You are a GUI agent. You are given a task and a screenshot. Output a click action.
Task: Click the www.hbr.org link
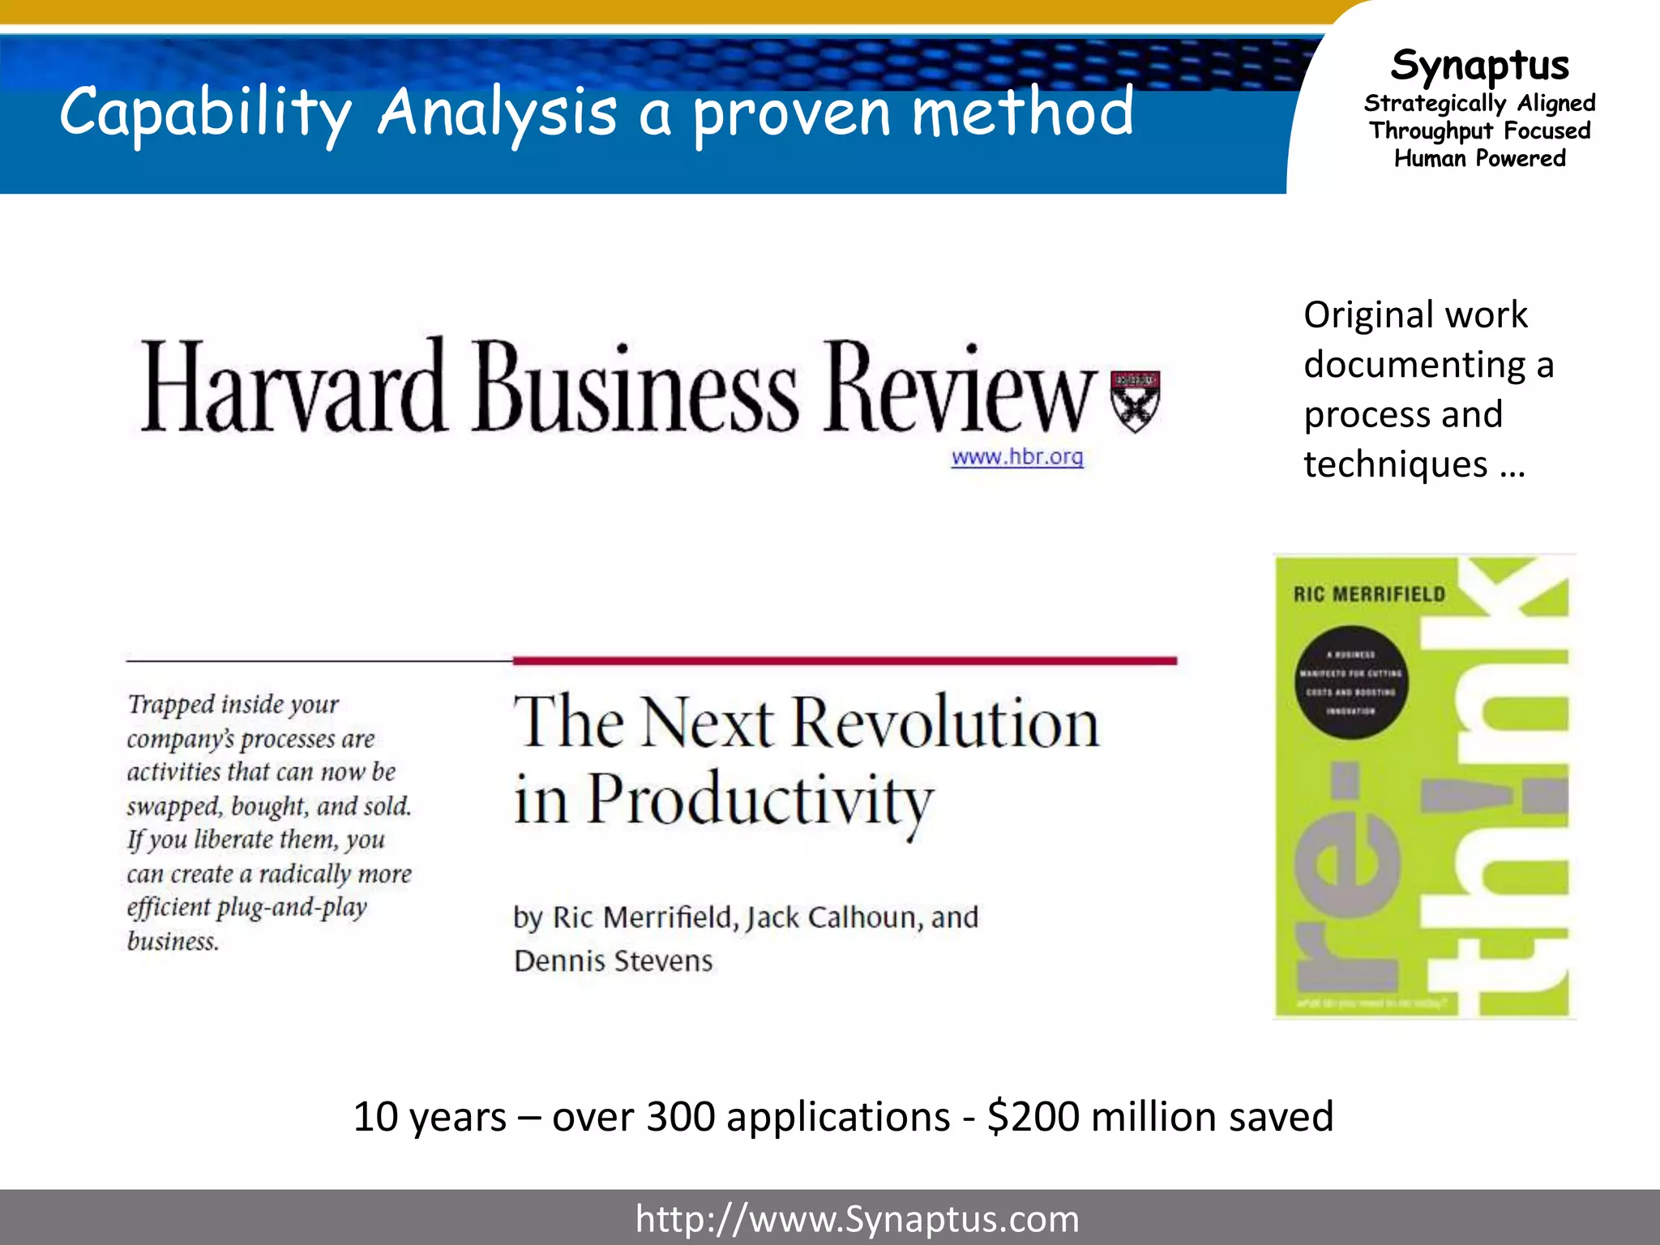pos(1017,457)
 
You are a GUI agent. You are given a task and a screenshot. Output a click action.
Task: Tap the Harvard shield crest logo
pos(1135,400)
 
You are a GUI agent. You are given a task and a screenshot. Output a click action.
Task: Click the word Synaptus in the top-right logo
pos(1480,65)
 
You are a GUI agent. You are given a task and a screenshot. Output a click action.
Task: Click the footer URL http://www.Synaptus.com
pos(857,1219)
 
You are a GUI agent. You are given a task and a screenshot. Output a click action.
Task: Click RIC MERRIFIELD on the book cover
pos(1369,594)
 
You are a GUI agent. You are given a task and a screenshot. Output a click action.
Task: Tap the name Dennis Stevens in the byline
pos(614,961)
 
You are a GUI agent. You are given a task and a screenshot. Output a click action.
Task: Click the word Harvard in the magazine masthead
pos(293,387)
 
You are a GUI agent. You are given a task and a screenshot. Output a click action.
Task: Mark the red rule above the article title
pos(845,661)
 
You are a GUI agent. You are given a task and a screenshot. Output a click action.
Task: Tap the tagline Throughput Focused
pos(1480,131)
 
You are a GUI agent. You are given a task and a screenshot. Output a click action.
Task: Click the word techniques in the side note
pos(1395,464)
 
